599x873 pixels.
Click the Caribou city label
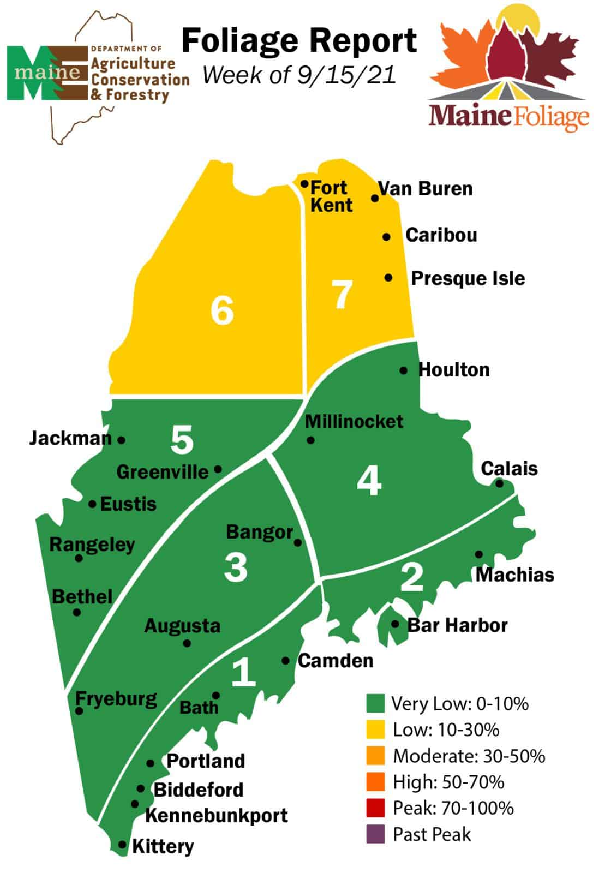click(441, 235)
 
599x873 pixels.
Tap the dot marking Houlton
click(403, 370)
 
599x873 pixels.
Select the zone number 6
click(223, 311)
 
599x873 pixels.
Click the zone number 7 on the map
click(342, 295)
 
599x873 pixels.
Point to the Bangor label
click(259, 532)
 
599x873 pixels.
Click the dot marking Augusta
click(187, 643)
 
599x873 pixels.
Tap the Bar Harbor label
click(457, 625)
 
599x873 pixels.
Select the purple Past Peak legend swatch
click(375, 834)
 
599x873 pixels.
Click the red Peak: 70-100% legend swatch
click(375, 808)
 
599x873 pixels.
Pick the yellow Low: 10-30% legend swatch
click(375, 730)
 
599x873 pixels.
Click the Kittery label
click(163, 847)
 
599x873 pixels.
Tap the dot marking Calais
click(499, 483)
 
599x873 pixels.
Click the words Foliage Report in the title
click(299, 41)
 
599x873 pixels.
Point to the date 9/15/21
click(346, 75)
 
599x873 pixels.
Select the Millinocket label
click(354, 421)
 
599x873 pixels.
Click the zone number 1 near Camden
click(243, 672)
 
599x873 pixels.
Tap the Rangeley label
click(92, 545)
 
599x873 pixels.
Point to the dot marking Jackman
click(122, 439)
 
